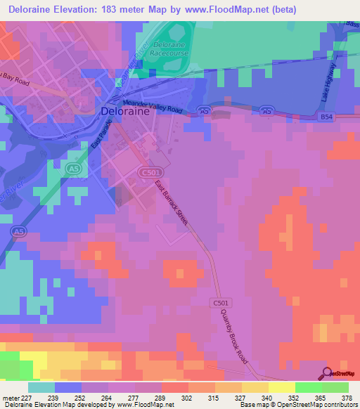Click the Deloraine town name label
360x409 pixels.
coord(127,111)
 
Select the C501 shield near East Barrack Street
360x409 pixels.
coord(147,171)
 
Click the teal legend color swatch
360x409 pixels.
coord(41,387)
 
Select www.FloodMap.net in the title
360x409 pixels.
coord(221,10)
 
